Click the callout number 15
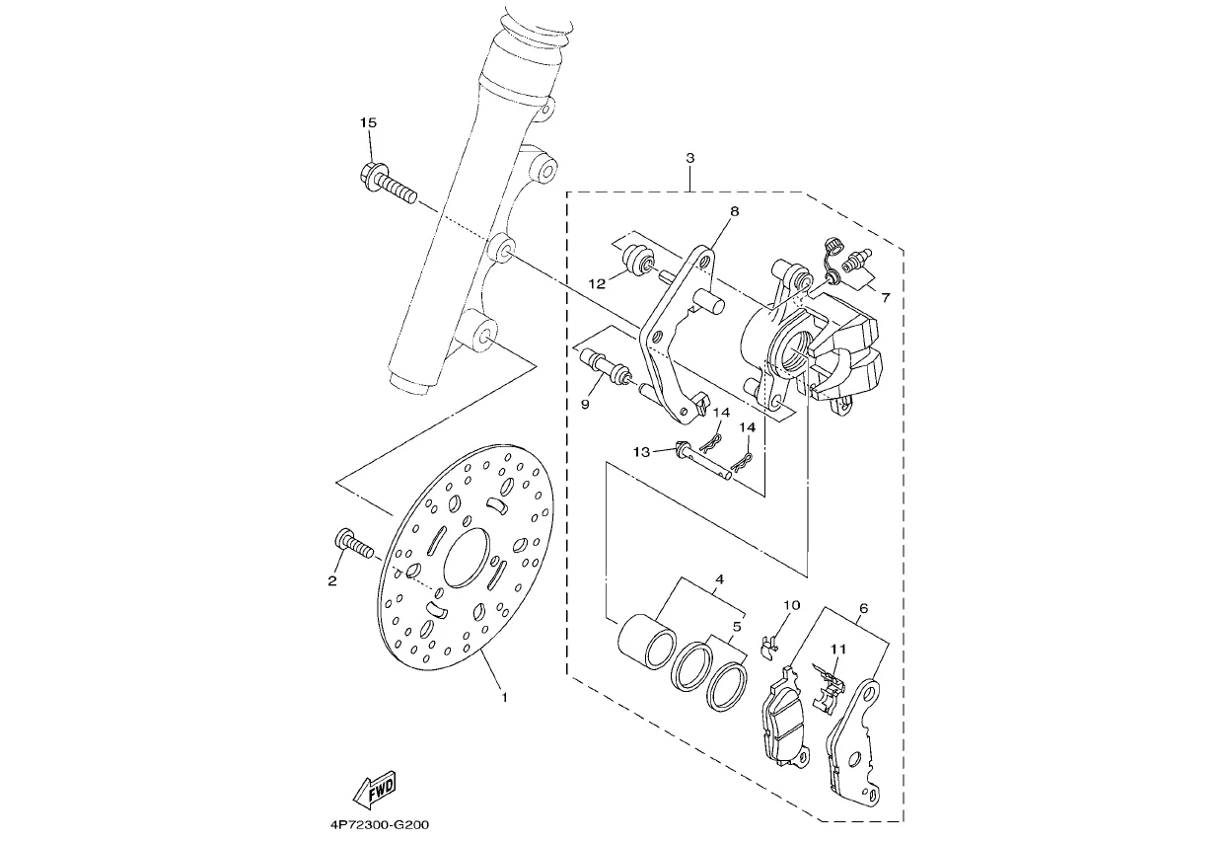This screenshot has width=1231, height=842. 368,122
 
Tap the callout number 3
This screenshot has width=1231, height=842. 690,158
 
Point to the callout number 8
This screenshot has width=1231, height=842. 735,211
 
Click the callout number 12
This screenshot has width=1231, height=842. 597,283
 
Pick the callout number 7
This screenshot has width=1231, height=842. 886,297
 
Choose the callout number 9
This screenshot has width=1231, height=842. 585,405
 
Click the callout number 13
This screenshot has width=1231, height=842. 641,452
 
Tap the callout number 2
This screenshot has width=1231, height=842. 332,580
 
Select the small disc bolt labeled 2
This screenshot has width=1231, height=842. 354,545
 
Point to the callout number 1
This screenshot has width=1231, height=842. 504,698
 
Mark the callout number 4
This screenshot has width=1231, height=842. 719,578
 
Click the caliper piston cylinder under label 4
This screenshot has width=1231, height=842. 647,641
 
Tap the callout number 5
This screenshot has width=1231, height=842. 737,627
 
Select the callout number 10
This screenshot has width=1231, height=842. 791,605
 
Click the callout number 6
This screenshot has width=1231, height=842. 863,608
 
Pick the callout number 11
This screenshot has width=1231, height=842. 838,649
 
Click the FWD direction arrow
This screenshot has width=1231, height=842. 374,790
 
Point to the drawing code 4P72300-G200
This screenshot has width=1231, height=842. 380,825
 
